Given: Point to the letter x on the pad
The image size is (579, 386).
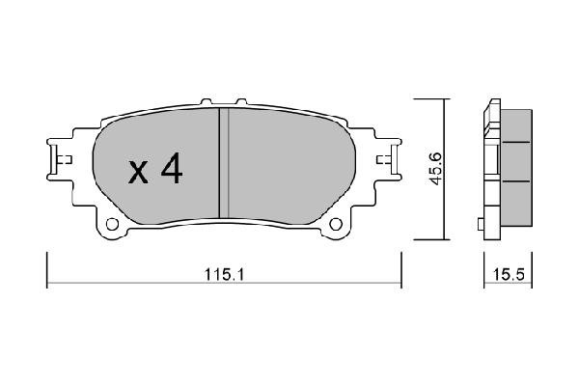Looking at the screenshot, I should coord(138,173).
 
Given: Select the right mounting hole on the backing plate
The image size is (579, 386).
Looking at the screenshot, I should coord(336,227).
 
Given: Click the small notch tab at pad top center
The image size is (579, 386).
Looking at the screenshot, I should coord(221,98).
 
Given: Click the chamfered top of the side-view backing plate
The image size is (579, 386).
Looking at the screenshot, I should coord(493,104).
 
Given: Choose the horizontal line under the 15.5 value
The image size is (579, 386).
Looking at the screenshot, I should coord(510,285).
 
